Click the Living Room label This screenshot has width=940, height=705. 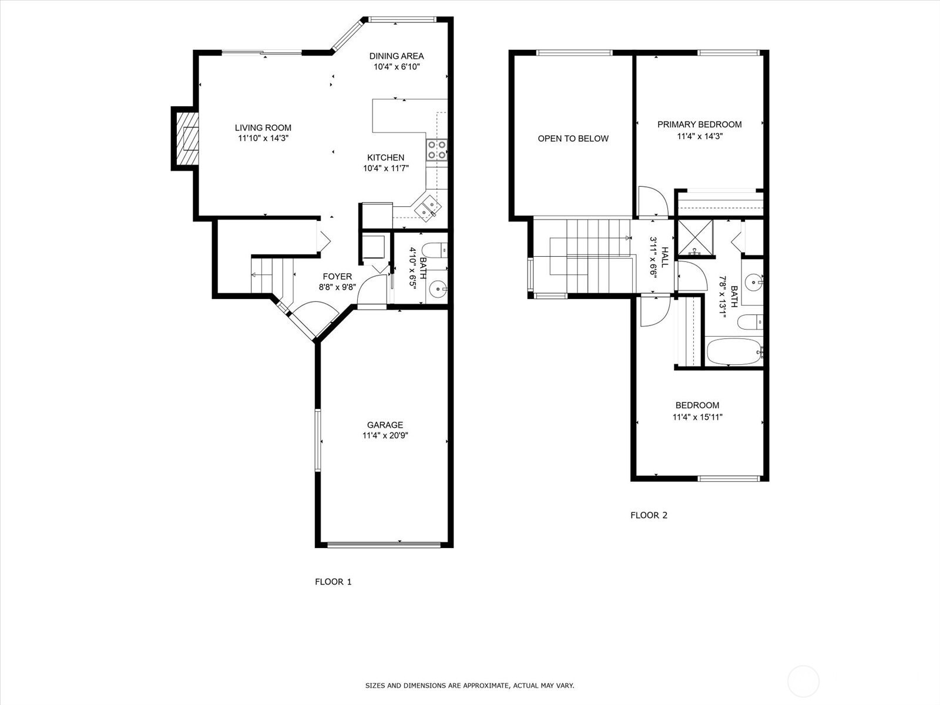263,127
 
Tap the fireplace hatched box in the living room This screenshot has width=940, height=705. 189,139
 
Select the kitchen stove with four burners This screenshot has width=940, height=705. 436,149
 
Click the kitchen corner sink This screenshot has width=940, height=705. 428,207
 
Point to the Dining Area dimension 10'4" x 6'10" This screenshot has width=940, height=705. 397,67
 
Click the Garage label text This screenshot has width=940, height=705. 385,425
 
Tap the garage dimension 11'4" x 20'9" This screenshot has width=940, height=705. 385,436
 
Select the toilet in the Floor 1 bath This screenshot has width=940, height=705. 435,250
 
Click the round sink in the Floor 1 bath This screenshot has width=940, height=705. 437,288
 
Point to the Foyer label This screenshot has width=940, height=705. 337,277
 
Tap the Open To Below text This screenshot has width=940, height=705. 573,139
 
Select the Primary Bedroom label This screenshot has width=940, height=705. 699,125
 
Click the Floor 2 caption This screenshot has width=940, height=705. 649,515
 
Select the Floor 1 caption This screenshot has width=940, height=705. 333,582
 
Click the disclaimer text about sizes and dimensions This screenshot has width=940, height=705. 469,686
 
